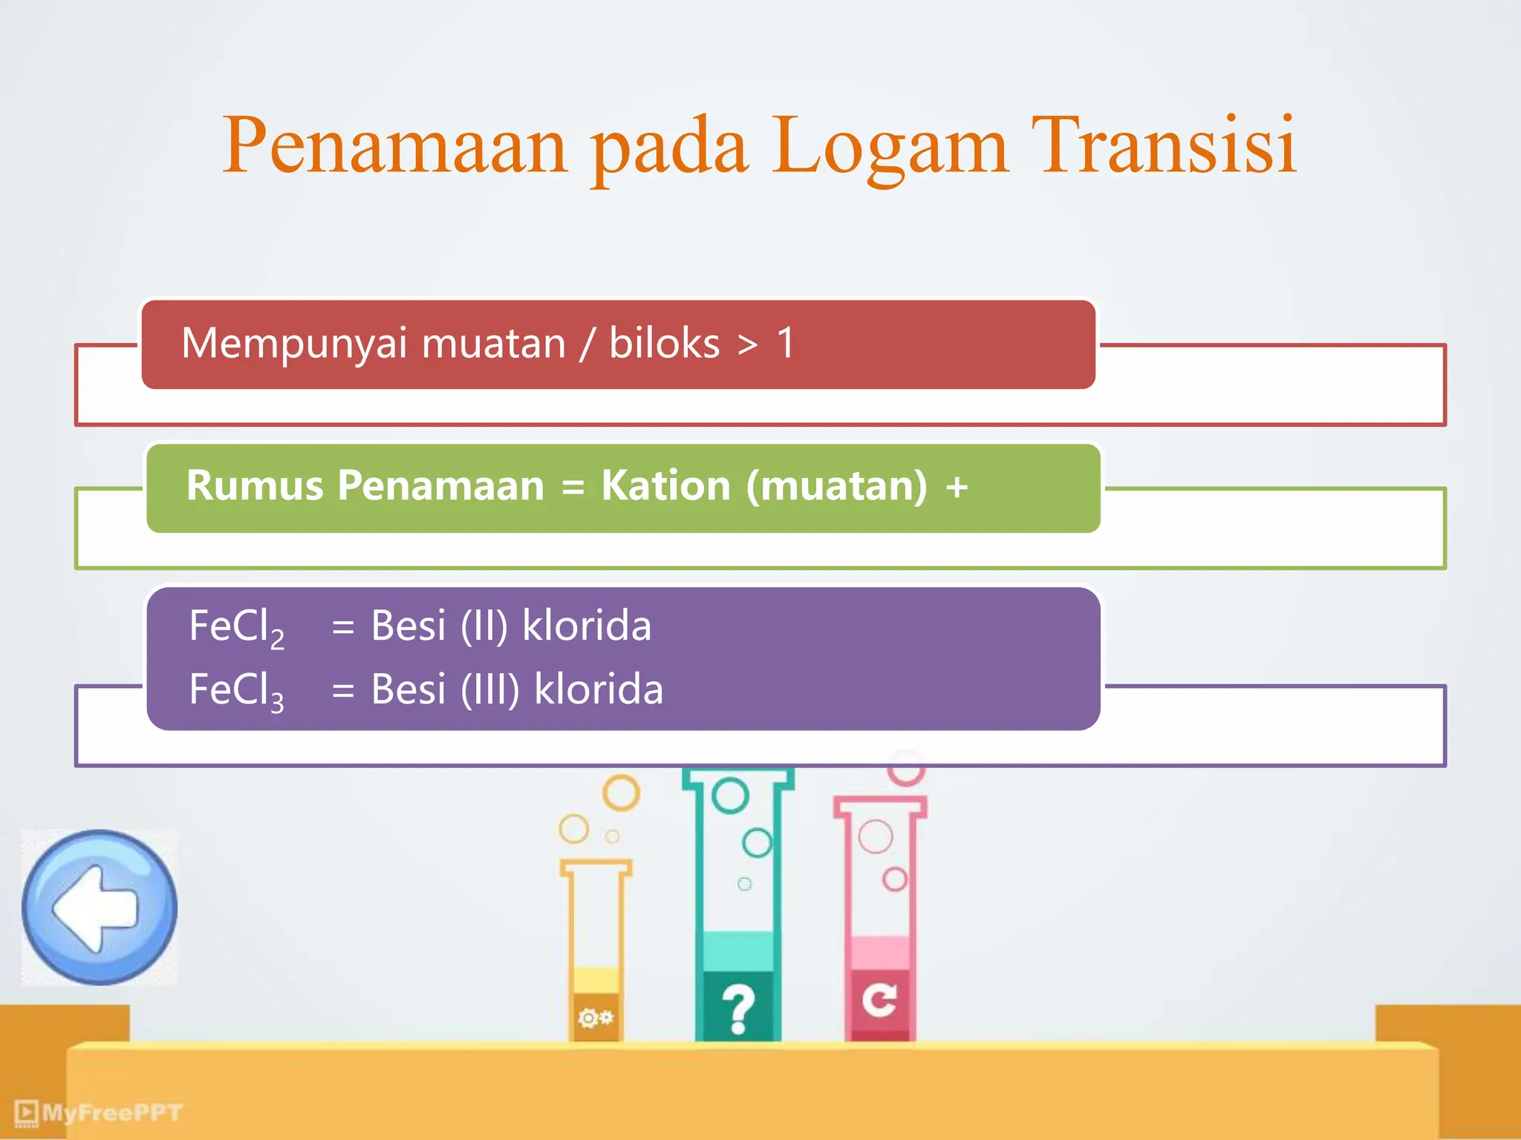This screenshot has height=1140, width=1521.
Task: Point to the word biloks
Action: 664,344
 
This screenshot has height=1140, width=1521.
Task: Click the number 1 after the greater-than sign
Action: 786,344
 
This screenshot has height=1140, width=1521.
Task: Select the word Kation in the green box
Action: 665,486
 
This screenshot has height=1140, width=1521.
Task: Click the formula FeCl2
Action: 236,627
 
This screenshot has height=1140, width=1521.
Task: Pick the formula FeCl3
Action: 236,691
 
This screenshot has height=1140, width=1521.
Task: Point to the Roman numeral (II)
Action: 483,626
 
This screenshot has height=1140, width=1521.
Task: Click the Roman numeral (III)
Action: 489,689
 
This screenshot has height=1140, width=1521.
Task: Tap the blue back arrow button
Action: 99,907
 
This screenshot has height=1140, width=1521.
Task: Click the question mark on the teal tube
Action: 737,1009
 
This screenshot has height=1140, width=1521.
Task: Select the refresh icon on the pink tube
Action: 879,1000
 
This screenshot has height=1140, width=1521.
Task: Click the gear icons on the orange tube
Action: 596,1017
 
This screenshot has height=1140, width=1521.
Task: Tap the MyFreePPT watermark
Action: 100,1112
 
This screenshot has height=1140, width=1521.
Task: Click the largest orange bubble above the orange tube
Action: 621,793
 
